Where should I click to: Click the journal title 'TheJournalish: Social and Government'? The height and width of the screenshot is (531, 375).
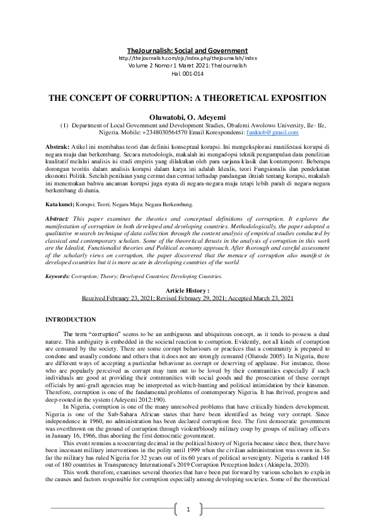click(187, 50)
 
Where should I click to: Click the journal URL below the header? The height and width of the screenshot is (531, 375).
click(187, 58)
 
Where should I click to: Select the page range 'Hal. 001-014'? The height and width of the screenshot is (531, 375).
click(187, 73)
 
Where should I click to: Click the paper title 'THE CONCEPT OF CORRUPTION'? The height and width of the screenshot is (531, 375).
click(187, 98)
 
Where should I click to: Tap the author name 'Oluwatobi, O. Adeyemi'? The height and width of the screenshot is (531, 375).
click(187, 117)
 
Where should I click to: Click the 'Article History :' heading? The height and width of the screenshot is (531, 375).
click(187, 290)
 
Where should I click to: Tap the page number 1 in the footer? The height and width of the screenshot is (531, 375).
click(188, 509)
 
